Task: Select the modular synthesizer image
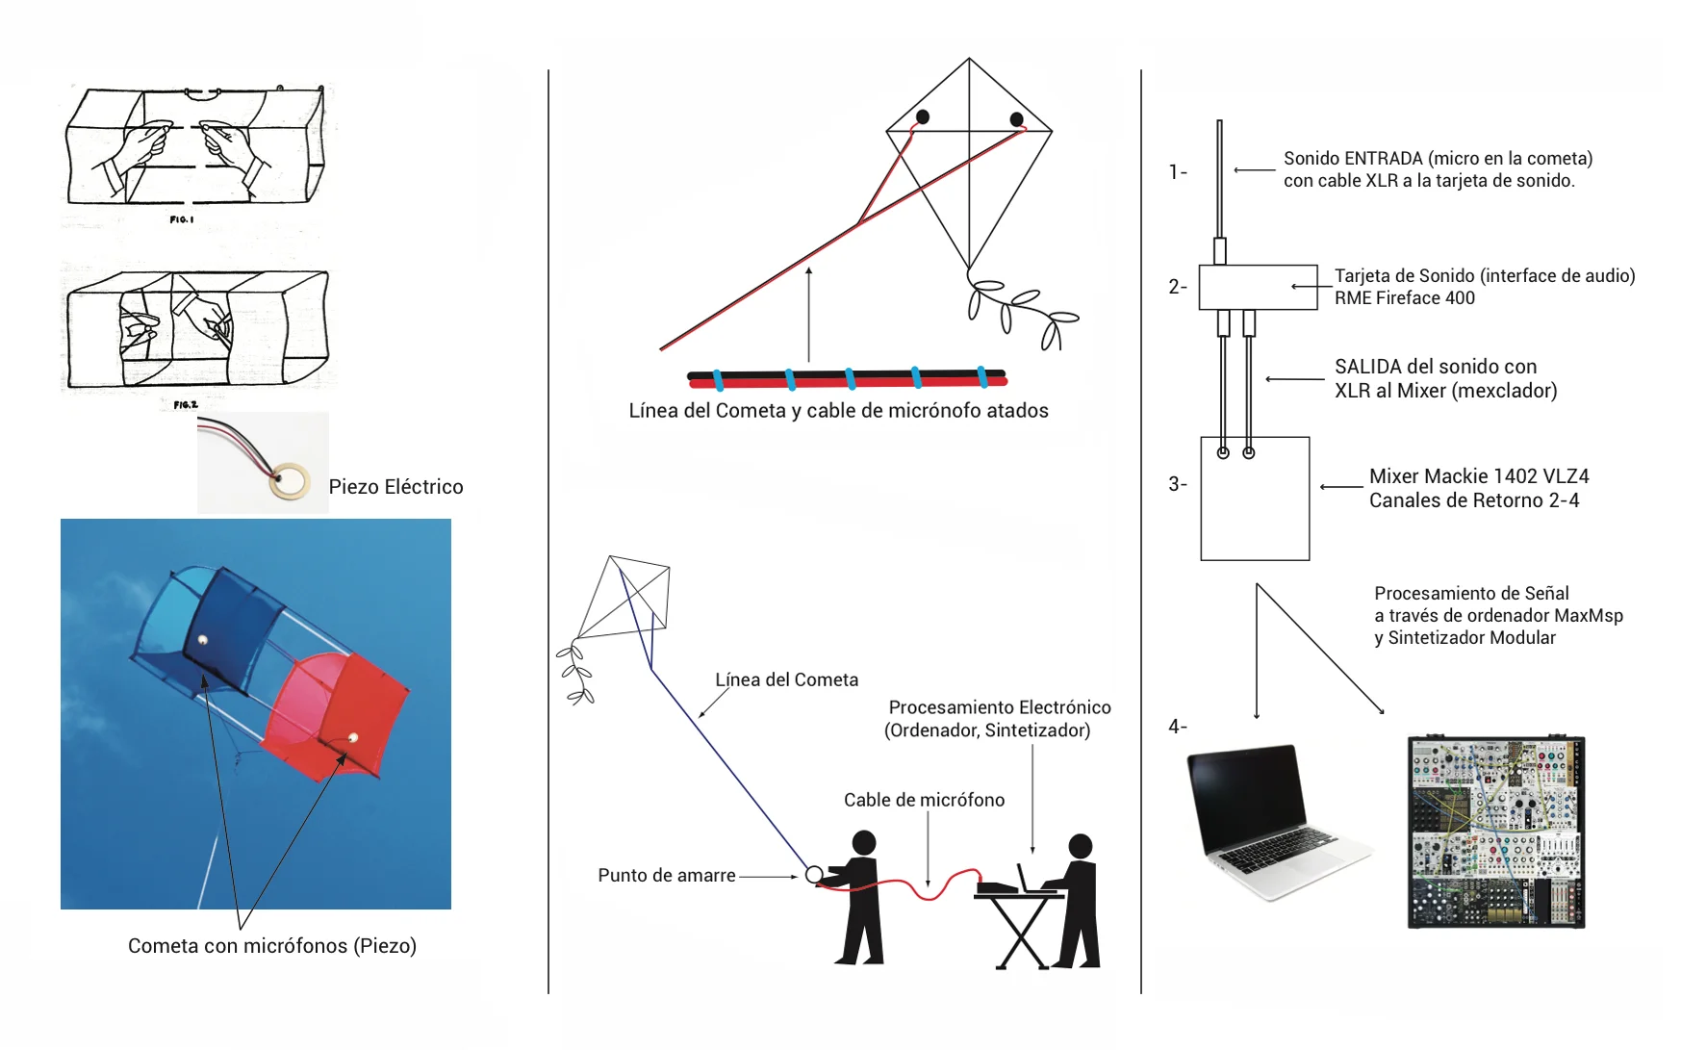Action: (1496, 832)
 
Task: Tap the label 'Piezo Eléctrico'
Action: (395, 487)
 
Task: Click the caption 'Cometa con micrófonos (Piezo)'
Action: (272, 946)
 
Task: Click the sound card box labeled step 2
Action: (1258, 287)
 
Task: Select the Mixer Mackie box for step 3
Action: (1255, 499)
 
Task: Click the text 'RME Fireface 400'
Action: (1404, 298)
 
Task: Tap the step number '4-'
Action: (1178, 727)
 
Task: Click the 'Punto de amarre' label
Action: (667, 876)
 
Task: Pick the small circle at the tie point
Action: (814, 875)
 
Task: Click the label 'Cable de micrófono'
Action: (924, 800)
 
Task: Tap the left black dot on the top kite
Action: (923, 117)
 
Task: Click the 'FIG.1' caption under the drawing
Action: (182, 219)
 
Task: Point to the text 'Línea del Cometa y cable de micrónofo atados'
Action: (838, 411)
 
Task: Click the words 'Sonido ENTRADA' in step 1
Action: (1353, 159)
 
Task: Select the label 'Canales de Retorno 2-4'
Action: (1474, 500)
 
